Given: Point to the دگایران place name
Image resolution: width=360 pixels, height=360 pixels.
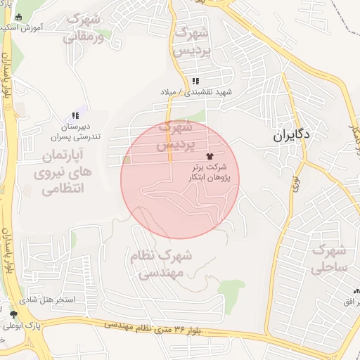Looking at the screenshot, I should pos(293,134).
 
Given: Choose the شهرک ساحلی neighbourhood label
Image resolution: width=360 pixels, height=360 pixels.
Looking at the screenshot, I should pos(329,258).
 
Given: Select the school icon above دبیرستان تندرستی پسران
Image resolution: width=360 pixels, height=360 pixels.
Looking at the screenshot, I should pos(75,115).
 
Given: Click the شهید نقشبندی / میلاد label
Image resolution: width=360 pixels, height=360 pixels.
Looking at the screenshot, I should pos(195,92).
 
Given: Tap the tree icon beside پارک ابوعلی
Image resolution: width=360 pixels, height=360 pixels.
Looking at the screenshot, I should pos(14,314).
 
